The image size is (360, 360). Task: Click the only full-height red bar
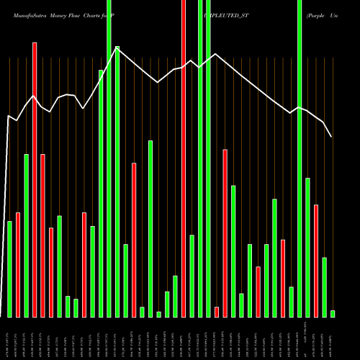click(184, 158)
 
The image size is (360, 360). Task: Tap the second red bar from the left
click(35, 180)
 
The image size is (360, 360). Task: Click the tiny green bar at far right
click(333, 313)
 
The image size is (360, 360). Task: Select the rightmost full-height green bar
click(300, 158)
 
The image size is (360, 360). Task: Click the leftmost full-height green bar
click(109, 158)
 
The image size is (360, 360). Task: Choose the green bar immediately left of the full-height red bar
click(175, 296)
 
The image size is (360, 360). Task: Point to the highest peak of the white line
click(117, 48)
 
